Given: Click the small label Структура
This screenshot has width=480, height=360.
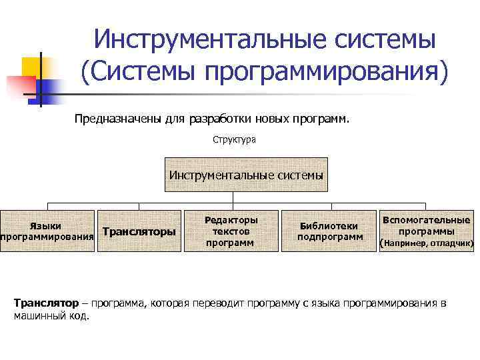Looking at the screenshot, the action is coord(234,141).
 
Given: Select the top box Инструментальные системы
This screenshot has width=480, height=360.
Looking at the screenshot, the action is coord(246,175).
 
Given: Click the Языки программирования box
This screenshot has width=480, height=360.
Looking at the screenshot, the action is coord(46,232).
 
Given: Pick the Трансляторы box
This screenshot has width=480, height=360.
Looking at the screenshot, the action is coord(139,232).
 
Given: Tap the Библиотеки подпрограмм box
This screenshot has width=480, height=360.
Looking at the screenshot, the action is coord(329,231).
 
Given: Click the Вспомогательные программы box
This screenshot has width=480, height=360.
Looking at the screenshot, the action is coord(425,225).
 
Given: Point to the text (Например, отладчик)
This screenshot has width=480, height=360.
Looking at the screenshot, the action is coord(426,244).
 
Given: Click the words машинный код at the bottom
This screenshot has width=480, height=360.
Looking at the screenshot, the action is coord(51,315).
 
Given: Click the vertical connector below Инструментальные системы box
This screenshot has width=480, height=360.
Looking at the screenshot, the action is coord(231,197).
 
